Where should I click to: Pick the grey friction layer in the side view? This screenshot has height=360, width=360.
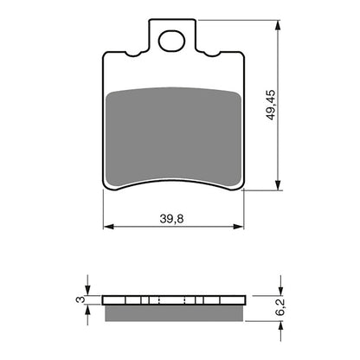click(x=172, y=311)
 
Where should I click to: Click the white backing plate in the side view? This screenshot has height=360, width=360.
click(x=172, y=300)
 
